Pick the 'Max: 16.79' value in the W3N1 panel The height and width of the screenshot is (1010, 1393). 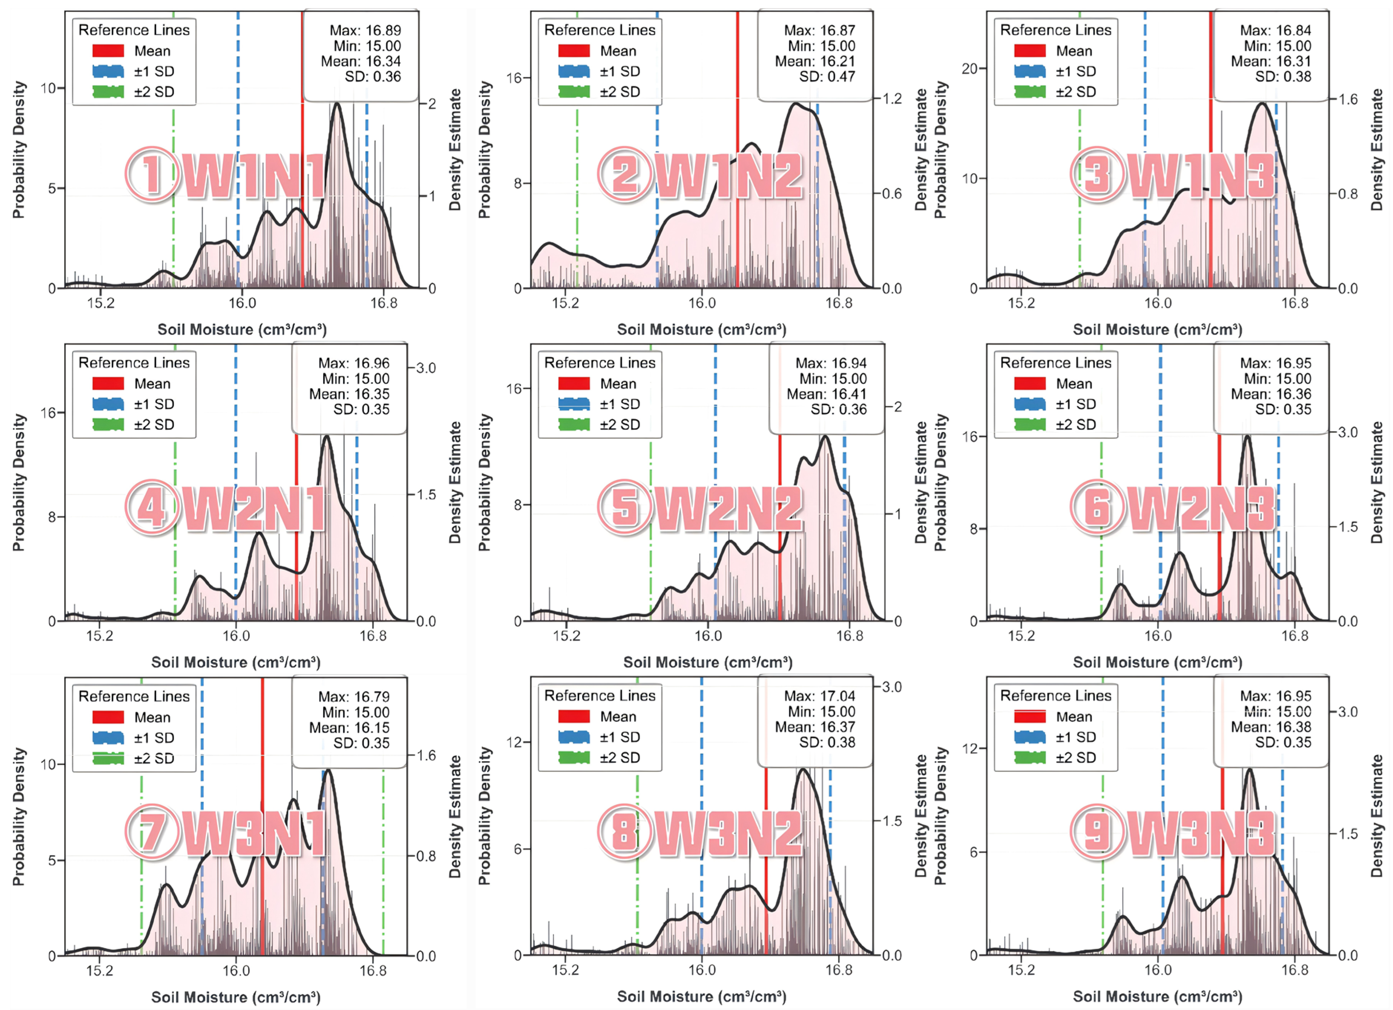[354, 696]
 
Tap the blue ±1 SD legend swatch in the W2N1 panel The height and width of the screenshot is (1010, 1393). [108, 404]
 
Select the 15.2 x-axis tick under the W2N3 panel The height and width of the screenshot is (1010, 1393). [1021, 636]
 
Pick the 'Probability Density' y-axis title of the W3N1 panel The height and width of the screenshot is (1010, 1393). [19, 816]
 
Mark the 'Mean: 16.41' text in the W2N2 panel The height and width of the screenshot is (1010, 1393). [826, 394]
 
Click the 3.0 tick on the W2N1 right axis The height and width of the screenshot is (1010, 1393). [426, 368]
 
